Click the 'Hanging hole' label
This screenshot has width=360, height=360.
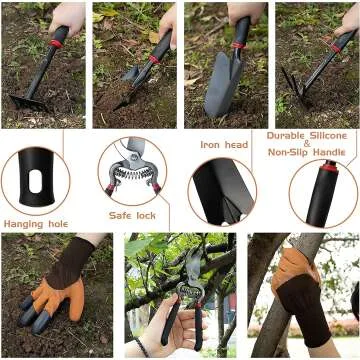[x=36, y=224]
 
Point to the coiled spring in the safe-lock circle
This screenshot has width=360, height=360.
[x=133, y=171]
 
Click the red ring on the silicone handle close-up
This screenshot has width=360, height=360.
[x=329, y=168]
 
